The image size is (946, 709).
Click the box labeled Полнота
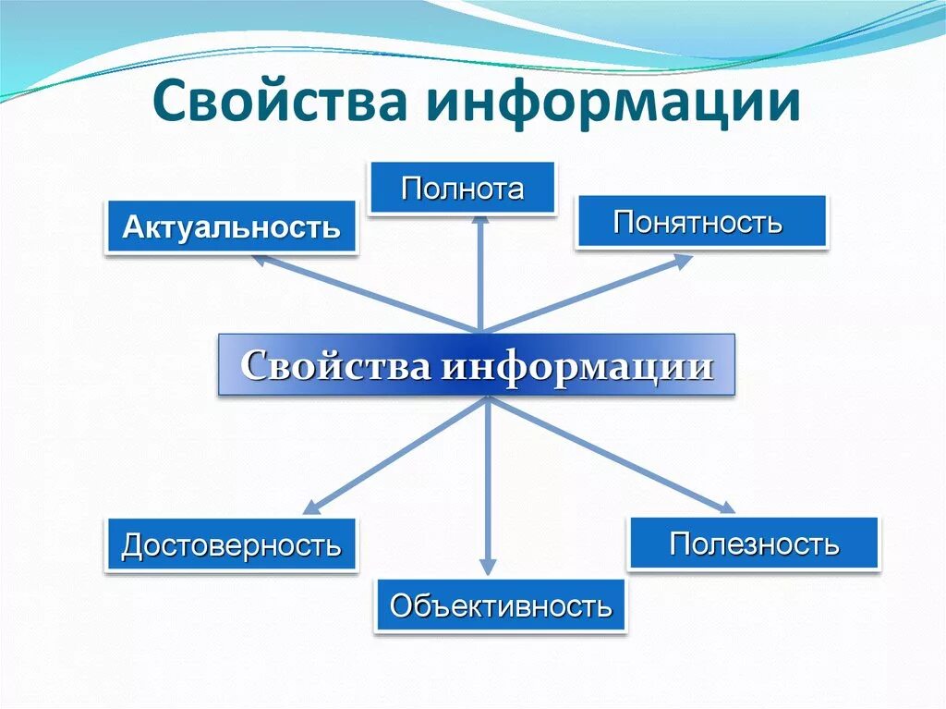[x=462, y=189]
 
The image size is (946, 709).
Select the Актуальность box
[x=231, y=226]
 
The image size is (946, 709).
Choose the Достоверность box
[x=231, y=545]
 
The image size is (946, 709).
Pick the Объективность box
[x=500, y=606]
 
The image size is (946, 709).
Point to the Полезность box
[x=754, y=544]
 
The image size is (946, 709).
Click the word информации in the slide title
[x=612, y=103]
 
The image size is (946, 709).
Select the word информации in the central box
[x=576, y=366]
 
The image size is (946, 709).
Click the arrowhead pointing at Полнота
[x=479, y=223]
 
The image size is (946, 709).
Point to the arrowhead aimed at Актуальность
[x=262, y=261]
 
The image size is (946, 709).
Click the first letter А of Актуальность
[x=131, y=226]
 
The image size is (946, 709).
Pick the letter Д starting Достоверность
[x=130, y=546]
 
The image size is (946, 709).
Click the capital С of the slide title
[x=170, y=103]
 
